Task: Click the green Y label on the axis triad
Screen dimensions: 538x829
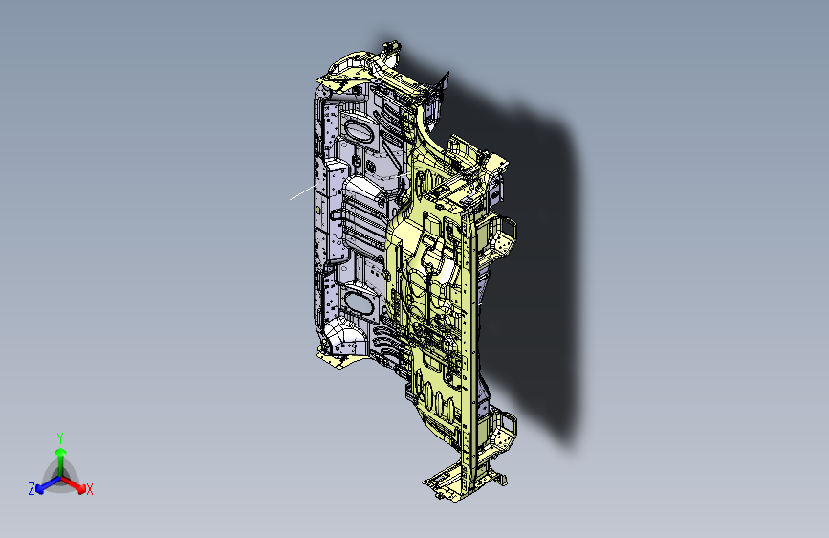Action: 59,436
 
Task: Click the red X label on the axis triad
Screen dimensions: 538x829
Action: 90,490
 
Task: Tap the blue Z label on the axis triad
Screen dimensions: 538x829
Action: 32,489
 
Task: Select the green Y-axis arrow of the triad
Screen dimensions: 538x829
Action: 60,454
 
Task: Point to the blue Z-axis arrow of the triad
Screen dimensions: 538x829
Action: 44,483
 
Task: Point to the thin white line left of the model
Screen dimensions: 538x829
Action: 301,193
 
